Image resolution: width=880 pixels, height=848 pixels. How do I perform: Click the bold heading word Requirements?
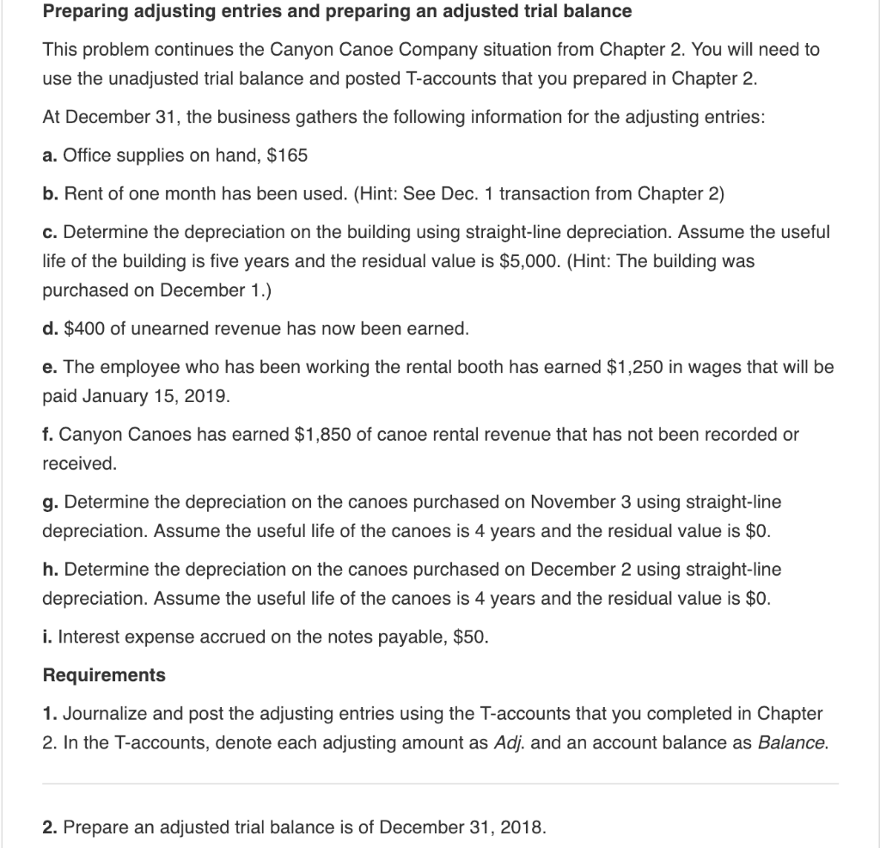104,675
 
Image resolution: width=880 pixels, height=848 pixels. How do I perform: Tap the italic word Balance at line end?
793,742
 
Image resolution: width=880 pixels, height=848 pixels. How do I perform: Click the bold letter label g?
49,501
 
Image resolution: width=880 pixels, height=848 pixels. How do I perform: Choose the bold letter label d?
49,328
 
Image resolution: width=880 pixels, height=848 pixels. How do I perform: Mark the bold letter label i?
46,638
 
